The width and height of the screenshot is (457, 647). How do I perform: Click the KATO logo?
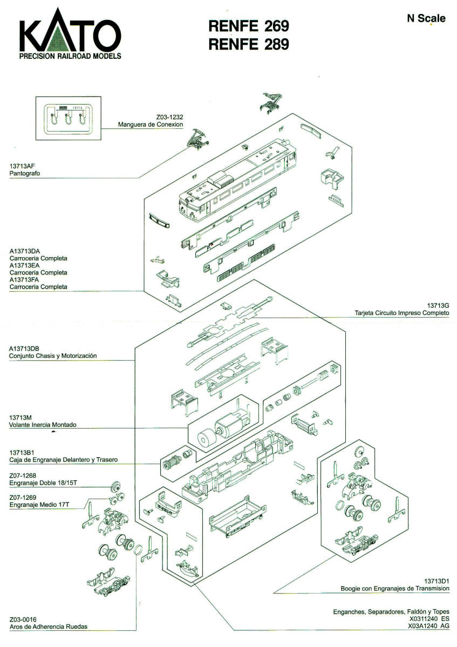(70, 35)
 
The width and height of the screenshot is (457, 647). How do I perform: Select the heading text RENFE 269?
(249, 26)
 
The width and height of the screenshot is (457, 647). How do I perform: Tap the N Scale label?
(426, 18)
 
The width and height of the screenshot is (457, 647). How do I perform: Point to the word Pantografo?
(25, 174)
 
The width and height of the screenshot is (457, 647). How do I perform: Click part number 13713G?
(438, 306)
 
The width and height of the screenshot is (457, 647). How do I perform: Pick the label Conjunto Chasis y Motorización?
(53, 356)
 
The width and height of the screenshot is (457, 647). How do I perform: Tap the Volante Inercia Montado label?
(43, 425)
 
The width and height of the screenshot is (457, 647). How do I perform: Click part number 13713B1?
(22, 452)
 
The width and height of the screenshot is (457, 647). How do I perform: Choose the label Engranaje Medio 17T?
(40, 505)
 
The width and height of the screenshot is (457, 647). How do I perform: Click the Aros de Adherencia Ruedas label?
(48, 627)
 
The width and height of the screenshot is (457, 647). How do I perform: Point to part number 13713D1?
(436, 581)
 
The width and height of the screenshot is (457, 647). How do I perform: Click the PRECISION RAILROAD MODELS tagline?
(70, 56)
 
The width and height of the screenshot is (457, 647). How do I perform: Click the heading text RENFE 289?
(249, 44)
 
